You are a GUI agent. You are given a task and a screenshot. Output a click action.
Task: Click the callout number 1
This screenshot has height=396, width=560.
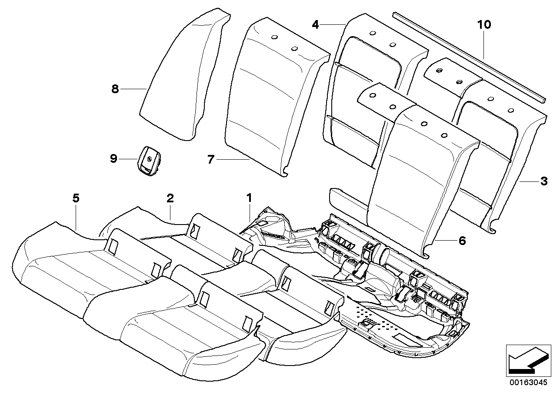[x=250, y=198]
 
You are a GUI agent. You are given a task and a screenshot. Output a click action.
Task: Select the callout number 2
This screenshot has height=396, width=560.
[x=170, y=198]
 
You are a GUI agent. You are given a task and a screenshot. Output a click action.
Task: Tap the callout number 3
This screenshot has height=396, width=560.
[x=543, y=181]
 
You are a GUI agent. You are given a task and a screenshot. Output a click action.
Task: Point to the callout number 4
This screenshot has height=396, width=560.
[x=315, y=25]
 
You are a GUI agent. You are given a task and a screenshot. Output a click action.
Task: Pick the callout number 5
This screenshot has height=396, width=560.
[x=76, y=198]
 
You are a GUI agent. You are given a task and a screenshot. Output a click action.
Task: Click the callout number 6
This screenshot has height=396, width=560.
[x=461, y=240]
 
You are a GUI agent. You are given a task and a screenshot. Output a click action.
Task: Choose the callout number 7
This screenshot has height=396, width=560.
[x=211, y=160]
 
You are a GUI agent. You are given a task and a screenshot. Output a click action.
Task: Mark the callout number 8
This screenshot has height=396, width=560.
[x=115, y=89]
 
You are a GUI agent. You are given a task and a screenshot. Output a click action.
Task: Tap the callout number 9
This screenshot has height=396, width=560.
[x=113, y=159]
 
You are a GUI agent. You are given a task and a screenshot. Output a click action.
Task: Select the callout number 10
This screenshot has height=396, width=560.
[x=483, y=25]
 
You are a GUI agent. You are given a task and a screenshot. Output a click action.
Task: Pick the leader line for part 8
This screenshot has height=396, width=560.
[x=133, y=89]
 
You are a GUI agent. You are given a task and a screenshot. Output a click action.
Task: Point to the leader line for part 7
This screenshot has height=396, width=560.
[x=233, y=160]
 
